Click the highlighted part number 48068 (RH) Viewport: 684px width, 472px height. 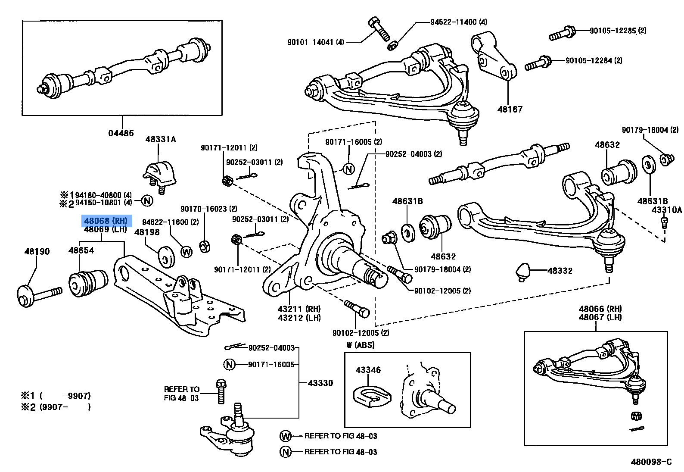tap(106, 221)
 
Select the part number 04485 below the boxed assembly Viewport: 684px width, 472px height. tap(121, 133)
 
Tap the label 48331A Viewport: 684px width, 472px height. tap(160, 139)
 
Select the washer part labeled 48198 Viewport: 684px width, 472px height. tap(166, 256)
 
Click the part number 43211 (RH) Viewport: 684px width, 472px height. tap(299, 309)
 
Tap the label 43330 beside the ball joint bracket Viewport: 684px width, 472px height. tap(320, 383)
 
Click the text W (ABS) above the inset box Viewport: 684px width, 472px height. tap(360, 345)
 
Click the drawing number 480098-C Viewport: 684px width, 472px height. tap(651, 462)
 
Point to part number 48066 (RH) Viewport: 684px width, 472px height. tap(600, 309)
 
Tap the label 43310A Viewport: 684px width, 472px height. tap(666, 210)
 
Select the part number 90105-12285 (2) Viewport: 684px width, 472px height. tap(617, 31)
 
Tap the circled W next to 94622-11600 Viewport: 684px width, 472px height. tap(186, 252)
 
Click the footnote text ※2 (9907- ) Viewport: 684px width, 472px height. tap(56, 407)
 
